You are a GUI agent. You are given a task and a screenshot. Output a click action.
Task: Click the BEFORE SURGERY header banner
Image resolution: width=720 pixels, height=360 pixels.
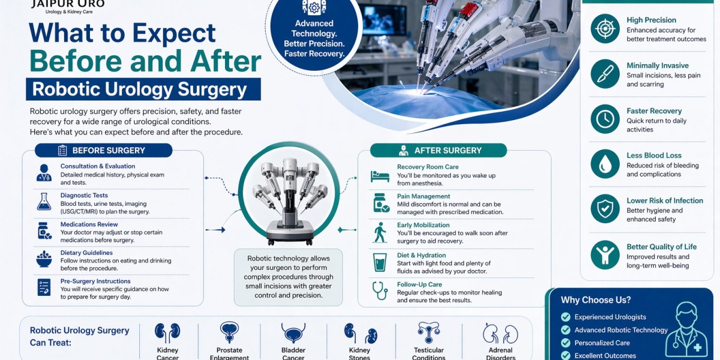tap(103, 150)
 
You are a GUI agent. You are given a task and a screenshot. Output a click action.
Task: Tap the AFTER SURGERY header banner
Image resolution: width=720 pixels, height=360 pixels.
tap(438, 150)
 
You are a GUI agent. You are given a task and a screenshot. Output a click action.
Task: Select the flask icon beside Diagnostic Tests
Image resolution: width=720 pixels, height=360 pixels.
tap(44, 202)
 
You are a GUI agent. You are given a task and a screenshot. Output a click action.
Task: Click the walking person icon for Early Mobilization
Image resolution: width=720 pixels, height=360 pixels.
tap(380, 232)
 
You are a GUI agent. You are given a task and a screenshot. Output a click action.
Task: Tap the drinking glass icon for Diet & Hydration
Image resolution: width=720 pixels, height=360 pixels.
tap(380, 262)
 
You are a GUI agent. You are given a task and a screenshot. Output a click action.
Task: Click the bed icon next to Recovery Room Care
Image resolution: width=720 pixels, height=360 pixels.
tap(380, 176)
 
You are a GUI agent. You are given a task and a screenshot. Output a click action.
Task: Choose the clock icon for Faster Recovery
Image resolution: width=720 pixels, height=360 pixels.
tap(605, 119)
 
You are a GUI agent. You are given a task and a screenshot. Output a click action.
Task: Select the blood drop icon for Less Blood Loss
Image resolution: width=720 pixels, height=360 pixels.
tap(605, 164)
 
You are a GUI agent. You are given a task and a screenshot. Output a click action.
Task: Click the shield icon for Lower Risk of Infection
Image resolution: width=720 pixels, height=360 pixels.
tap(605, 209)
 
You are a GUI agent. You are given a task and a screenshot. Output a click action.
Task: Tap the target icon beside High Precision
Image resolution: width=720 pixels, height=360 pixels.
tap(605, 29)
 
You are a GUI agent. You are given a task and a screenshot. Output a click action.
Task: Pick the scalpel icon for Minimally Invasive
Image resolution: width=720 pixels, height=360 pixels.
tap(605, 74)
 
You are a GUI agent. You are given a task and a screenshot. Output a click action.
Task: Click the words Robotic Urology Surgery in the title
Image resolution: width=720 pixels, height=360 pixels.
tap(140, 89)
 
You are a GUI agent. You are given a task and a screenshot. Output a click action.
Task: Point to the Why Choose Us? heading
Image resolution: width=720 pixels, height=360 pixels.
tap(596, 300)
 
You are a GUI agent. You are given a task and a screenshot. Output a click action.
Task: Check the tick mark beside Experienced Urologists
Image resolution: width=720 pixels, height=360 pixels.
tap(565, 317)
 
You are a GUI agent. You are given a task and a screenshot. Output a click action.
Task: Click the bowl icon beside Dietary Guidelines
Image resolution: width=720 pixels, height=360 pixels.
tap(44, 259)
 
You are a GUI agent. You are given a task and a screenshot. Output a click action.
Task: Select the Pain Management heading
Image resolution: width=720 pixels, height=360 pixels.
tap(424, 196)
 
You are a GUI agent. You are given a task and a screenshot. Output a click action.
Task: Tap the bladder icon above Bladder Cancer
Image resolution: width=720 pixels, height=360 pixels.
tap(293, 332)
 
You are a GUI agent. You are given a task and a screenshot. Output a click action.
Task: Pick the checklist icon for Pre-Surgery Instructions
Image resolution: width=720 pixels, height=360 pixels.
tap(44, 287)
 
